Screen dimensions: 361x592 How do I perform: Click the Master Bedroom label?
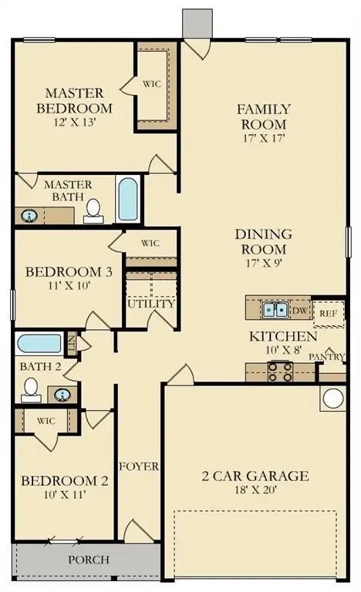point(75,100)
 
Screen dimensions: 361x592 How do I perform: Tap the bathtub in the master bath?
point(128,199)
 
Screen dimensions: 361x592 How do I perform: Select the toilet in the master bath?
point(93,211)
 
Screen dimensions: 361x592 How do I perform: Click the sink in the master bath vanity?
point(29,216)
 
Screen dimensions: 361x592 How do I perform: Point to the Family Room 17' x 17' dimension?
point(264,138)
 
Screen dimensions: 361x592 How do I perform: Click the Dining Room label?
point(264,241)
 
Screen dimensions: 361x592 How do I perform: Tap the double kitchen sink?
point(275,310)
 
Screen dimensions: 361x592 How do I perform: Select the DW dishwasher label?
point(300,311)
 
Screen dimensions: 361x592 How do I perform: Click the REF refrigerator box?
point(329,314)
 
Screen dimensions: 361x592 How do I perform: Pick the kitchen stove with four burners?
point(280,372)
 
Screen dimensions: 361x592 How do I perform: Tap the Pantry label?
point(327,357)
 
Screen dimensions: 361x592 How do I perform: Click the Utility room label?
point(151,304)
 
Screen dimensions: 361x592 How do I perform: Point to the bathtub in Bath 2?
point(39,343)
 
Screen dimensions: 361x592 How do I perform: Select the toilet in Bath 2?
point(31,390)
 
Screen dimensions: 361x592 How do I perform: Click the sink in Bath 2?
point(62,395)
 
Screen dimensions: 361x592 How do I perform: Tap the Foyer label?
point(139,466)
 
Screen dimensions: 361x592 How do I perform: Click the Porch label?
point(89,560)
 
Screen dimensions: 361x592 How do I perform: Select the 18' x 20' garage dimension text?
point(255,489)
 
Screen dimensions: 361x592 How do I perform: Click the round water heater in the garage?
point(333,399)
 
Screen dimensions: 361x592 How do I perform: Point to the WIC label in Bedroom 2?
point(46,421)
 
